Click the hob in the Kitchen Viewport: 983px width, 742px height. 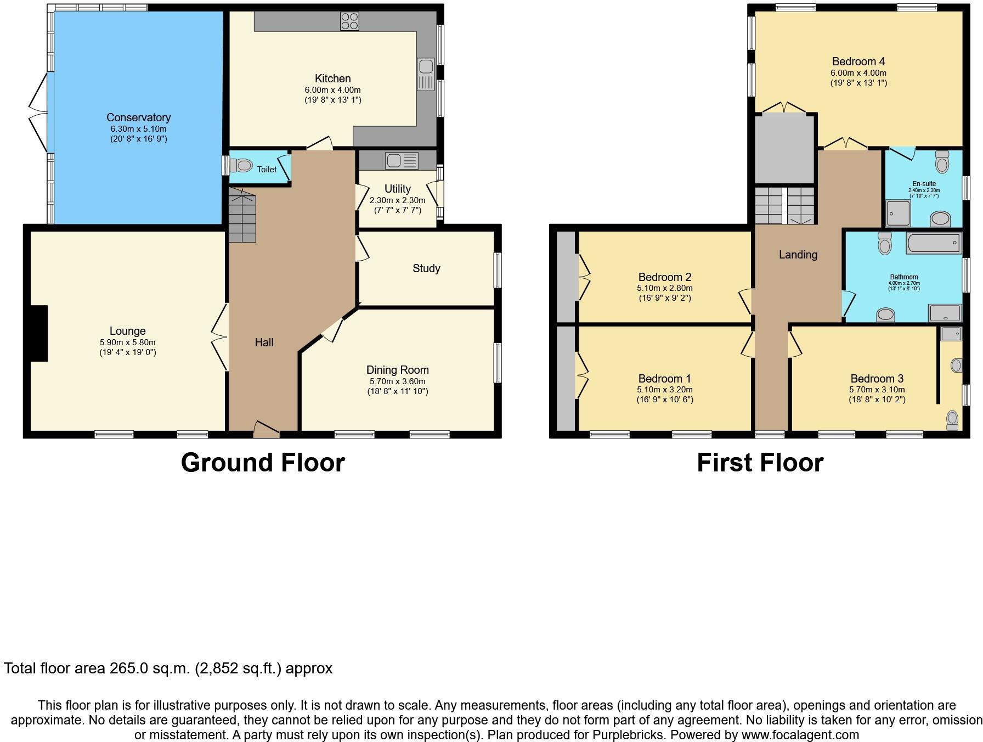(349, 21)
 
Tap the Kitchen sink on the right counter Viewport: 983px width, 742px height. (426, 75)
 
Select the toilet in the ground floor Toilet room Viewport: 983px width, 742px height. (241, 165)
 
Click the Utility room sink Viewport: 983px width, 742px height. (402, 161)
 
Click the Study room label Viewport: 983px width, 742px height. (426, 268)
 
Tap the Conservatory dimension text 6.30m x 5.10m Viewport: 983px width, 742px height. (138, 129)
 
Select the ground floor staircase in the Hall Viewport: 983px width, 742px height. (242, 215)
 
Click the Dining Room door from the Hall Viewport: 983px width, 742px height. (333, 330)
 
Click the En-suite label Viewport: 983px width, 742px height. (924, 184)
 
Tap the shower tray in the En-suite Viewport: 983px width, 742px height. (898, 213)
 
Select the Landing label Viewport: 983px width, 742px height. (798, 255)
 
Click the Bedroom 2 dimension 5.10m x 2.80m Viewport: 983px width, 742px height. (664, 288)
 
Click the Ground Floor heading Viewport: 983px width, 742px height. (263, 463)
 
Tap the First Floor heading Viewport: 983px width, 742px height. (760, 463)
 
